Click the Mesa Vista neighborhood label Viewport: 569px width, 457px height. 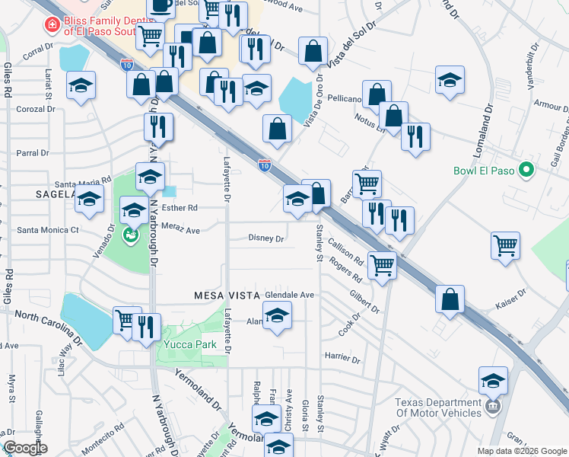(x=227, y=294)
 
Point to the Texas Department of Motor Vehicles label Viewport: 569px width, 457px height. (x=437, y=407)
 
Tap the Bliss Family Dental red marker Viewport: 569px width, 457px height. (x=52, y=26)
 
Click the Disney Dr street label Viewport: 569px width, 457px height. (x=265, y=238)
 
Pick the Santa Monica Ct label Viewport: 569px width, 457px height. (x=48, y=229)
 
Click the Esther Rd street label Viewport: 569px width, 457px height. (x=180, y=207)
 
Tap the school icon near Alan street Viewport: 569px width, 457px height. (x=278, y=315)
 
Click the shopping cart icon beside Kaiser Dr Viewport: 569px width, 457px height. (x=506, y=246)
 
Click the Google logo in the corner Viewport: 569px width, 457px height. (x=25, y=448)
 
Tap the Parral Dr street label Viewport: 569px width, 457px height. (x=32, y=153)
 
